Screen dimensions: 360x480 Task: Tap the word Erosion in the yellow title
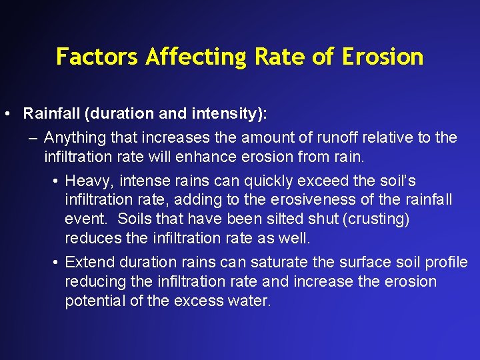pos(383,57)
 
